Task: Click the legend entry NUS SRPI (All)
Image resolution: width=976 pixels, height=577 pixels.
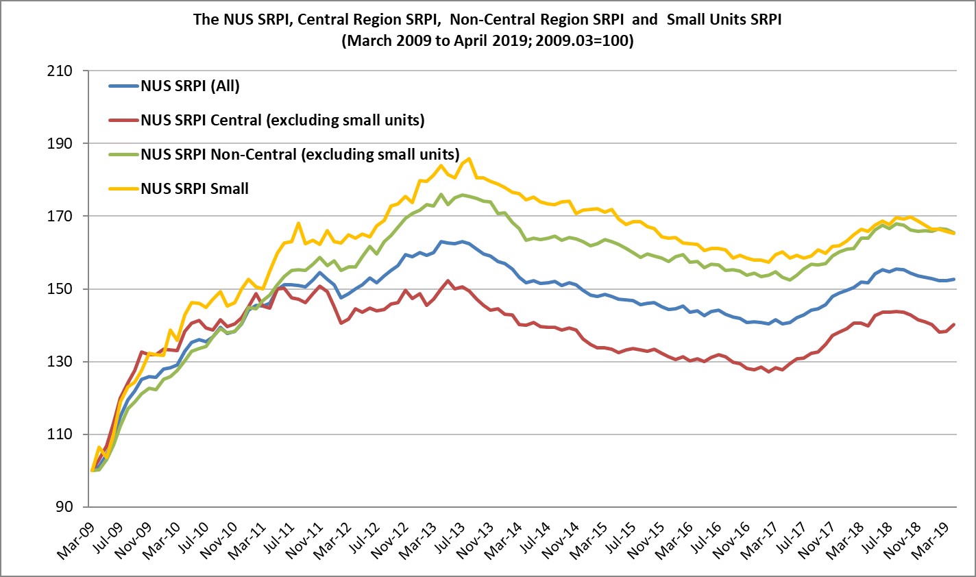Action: pyautogui.click(x=190, y=86)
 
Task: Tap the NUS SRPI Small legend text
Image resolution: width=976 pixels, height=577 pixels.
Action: pyautogui.click(x=194, y=188)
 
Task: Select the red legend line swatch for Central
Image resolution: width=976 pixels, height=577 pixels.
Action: pyautogui.click(x=123, y=121)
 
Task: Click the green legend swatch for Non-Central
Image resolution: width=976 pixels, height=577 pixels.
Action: pyautogui.click(x=123, y=154)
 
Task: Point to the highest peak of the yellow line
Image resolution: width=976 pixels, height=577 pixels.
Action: pyautogui.click(x=468, y=159)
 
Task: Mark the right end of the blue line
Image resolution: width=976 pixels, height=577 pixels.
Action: pyautogui.click(x=954, y=279)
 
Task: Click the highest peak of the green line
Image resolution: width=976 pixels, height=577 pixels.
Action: pyautogui.click(x=441, y=194)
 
